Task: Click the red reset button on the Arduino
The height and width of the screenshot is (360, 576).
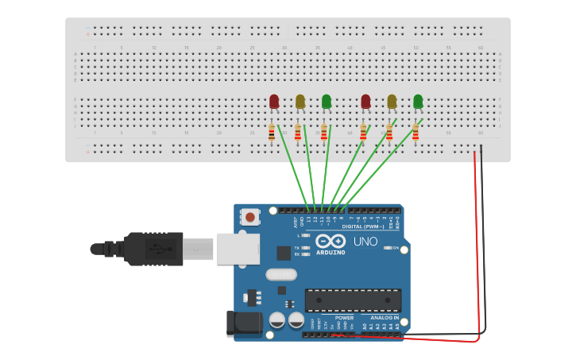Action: point(250,216)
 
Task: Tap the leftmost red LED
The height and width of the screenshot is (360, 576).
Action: point(274,101)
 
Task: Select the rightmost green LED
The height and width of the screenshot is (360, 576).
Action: point(418,101)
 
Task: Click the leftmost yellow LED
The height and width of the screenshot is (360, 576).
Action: point(300,101)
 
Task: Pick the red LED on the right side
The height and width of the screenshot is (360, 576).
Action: point(365,101)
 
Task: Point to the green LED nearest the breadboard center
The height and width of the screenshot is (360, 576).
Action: point(327,101)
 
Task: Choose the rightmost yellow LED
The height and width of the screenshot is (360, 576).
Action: point(392,101)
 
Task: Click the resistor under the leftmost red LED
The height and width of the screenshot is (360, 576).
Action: point(272,133)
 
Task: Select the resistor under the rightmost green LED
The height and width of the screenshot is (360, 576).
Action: point(416,133)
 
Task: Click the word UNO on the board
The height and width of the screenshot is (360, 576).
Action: point(365,242)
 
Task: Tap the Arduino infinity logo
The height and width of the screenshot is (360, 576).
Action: point(329,242)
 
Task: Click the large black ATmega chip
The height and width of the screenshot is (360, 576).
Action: point(353,300)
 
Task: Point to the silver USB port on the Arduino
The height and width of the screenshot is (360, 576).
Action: point(238,249)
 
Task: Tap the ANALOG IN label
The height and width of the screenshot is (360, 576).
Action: point(385,317)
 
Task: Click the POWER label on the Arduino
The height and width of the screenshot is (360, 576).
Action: point(344,317)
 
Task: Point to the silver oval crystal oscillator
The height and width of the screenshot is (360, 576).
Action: point(280,275)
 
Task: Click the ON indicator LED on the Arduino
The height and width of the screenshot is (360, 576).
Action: point(386,248)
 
